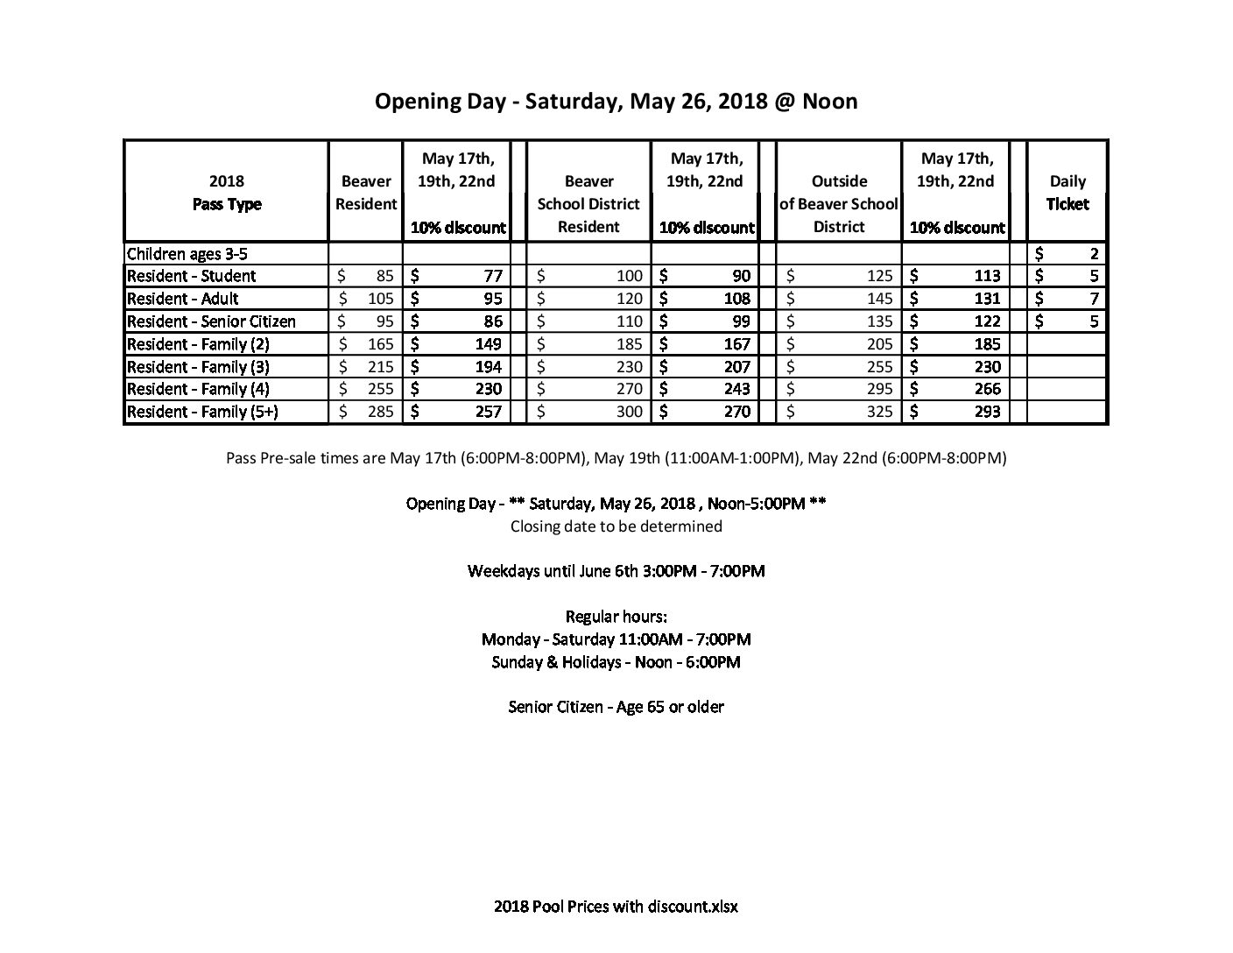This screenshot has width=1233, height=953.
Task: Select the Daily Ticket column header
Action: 1067,193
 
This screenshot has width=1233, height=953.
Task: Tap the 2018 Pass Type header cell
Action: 227,193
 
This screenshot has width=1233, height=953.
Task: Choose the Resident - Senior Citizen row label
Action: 211,321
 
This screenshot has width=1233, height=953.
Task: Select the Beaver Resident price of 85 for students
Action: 381,276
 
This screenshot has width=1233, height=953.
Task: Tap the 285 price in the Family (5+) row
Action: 379,412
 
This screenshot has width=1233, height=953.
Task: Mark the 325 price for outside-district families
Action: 879,412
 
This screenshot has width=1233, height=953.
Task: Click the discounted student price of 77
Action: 492,276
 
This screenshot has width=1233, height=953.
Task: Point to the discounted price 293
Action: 986,412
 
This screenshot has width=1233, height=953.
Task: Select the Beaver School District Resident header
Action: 588,204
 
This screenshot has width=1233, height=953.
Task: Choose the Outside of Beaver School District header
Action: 839,204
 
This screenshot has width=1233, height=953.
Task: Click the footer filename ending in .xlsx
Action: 616,907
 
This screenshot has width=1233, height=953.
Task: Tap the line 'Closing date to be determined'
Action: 616,526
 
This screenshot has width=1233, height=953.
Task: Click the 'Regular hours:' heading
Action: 616,617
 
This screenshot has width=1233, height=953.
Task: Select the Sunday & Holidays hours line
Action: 616,662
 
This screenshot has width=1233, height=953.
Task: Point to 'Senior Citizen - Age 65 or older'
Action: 616,707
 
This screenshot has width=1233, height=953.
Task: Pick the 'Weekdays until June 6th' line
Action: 616,571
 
